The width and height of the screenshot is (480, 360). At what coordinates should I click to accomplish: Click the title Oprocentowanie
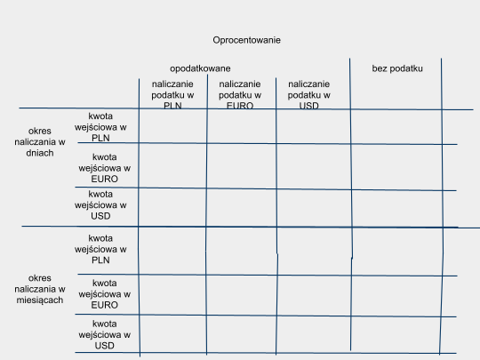pyautogui.click(x=247, y=40)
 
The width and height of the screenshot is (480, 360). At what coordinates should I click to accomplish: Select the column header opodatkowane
pyautogui.click(x=200, y=68)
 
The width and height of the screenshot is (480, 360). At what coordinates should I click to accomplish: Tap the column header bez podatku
pyautogui.click(x=397, y=68)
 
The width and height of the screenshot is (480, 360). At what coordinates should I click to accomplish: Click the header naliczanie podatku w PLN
pyautogui.click(x=172, y=95)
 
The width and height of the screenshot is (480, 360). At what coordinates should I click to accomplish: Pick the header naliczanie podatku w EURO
pyautogui.click(x=240, y=95)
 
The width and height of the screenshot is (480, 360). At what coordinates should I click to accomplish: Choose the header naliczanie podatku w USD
pyautogui.click(x=308, y=95)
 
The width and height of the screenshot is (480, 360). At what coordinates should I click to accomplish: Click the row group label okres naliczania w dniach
pyautogui.click(x=40, y=141)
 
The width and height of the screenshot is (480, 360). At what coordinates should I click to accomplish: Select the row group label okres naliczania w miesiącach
pyautogui.click(x=40, y=289)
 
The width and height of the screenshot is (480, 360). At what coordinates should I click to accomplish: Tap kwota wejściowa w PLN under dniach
pyautogui.click(x=100, y=127)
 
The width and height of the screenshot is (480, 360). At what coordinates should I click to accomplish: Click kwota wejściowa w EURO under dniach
pyautogui.click(x=104, y=168)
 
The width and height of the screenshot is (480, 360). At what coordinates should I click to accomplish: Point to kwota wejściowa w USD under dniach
pyautogui.click(x=100, y=204)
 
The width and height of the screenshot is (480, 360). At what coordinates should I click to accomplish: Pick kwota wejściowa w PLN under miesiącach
pyautogui.click(x=100, y=249)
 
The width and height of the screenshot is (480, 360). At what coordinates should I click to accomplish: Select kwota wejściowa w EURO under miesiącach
pyautogui.click(x=104, y=294)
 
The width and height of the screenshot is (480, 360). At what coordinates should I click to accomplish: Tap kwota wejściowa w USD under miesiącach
pyautogui.click(x=104, y=334)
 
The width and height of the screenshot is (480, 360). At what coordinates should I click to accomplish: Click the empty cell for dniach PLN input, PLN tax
pyautogui.click(x=173, y=126)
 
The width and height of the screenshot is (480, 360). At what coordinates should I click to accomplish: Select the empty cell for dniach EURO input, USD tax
pyautogui.click(x=314, y=166)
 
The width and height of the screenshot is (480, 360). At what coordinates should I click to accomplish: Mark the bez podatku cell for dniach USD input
pyautogui.click(x=397, y=209)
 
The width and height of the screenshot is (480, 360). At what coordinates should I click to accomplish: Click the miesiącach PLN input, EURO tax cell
pyautogui.click(x=242, y=251)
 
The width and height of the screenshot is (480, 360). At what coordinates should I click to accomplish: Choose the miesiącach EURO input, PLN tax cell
pyautogui.click(x=172, y=295)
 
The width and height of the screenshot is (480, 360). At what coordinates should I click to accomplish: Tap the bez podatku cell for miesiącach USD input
pyautogui.click(x=396, y=334)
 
